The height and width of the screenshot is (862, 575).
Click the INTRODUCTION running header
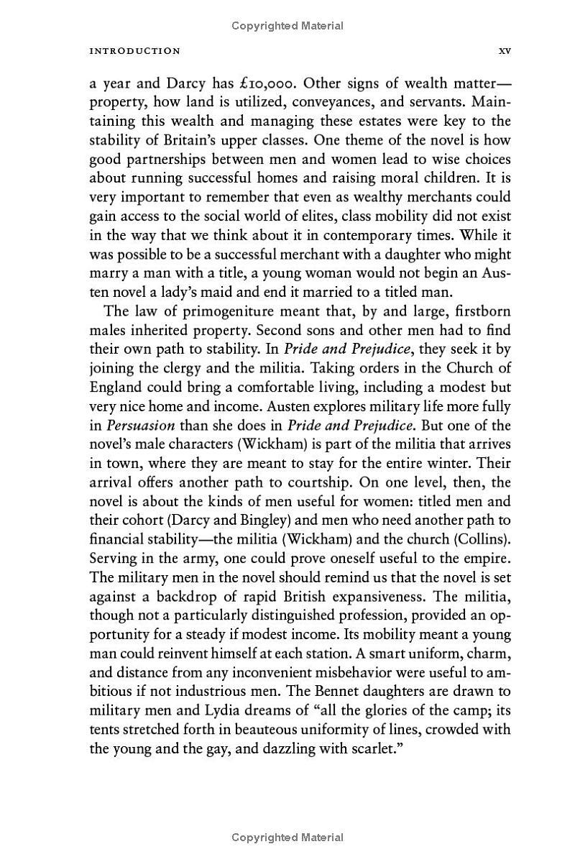pyautogui.click(x=134, y=51)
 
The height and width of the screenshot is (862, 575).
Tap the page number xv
pyautogui.click(x=504, y=51)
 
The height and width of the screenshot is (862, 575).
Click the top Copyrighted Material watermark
pyautogui.click(x=287, y=26)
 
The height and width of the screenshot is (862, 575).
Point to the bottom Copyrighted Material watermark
pyautogui.click(x=287, y=837)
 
